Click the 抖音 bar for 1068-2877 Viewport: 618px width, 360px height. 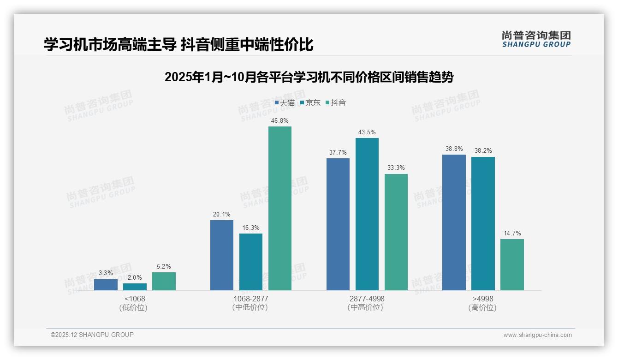pyautogui.click(x=280, y=208)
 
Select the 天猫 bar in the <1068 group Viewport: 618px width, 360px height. pyautogui.click(x=106, y=285)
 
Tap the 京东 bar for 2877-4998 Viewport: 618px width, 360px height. pyautogui.click(x=367, y=214)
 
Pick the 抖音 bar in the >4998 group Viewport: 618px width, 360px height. pyautogui.click(x=512, y=264)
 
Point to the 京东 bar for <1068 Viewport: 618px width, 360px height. pyautogui.click(x=135, y=287)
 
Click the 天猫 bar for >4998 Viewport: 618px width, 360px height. pyautogui.click(x=454, y=222)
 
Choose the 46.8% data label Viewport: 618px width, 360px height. pyautogui.click(x=280, y=120)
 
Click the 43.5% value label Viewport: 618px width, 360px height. pyautogui.click(x=367, y=132)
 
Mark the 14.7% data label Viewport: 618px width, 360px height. pyautogui.click(x=512, y=233)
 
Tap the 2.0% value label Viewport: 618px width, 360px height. pyautogui.click(x=135, y=277)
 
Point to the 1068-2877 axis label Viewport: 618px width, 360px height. pyautogui.click(x=251, y=299)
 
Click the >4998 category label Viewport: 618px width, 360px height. pyautogui.click(x=483, y=299)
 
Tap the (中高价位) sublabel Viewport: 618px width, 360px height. pyautogui.click(x=367, y=307)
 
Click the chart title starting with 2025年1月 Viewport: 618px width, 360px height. pyautogui.click(x=309, y=77)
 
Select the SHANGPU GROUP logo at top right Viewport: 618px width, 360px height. pyautogui.click(x=536, y=39)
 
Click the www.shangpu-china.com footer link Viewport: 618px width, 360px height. pyautogui.click(x=537, y=335)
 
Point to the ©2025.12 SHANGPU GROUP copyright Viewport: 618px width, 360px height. pyautogui.click(x=92, y=335)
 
